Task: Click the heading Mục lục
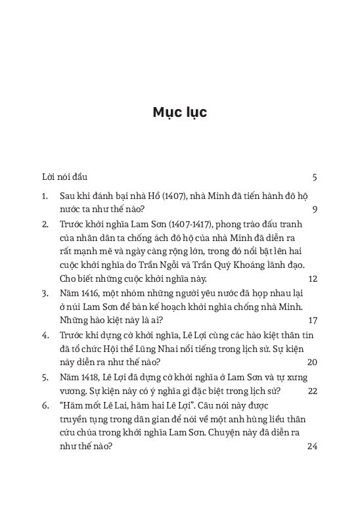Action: tap(179, 112)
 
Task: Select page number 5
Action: tap(315, 177)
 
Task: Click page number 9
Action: tap(315, 210)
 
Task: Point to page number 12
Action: tap(312, 278)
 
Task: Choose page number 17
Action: tap(312, 321)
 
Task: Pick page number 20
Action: tap(312, 362)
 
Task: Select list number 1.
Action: tap(44, 196)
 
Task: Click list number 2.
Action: tap(44, 224)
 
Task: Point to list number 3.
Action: tap(44, 293)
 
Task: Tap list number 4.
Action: tap(44, 335)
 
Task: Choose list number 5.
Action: tap(44, 377)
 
